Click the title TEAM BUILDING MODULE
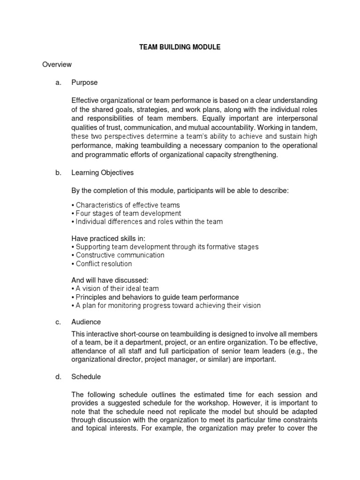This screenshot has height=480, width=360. click(x=179, y=47)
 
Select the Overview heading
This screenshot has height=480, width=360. click(x=57, y=65)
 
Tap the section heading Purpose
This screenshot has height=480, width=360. click(x=84, y=82)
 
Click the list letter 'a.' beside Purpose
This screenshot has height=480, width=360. click(x=59, y=82)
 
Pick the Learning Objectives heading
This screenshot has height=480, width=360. click(x=102, y=172)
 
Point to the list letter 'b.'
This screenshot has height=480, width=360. click(x=59, y=172)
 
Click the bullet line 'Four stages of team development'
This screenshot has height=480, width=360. click(x=126, y=213)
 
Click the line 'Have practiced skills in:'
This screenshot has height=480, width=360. click(x=108, y=238)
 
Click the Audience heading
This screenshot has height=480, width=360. click(x=86, y=322)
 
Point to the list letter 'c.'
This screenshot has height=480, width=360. click(x=59, y=322)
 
